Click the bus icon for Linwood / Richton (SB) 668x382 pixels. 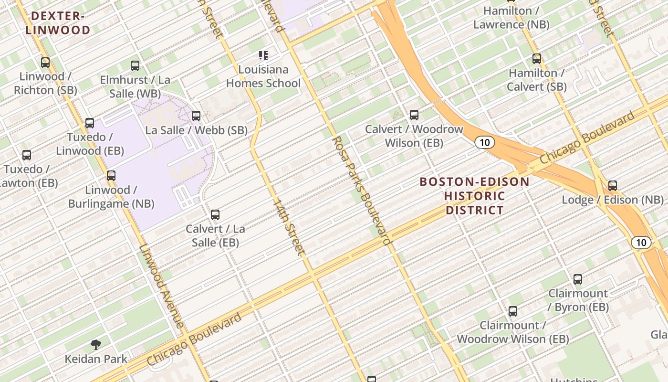pos(45,62)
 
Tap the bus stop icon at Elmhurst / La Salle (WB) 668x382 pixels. pos(135,66)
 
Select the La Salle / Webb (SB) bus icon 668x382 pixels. pos(196,116)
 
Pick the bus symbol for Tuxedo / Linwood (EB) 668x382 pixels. pos(90,123)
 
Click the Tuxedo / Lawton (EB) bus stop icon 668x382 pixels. pos(27,155)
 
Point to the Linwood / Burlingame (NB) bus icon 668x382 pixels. pos(111,176)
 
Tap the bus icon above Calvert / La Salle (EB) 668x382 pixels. pos(215,215)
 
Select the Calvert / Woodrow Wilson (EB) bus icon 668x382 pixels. pos(414,115)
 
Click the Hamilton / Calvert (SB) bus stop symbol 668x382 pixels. pos(537,59)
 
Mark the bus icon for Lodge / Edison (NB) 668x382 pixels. pos(613,186)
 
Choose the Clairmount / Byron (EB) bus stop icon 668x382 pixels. pos(578,279)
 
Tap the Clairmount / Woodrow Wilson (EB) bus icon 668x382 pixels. pos(513,311)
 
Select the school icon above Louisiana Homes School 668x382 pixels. pos(263,55)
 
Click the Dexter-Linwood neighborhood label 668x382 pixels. pos(58,23)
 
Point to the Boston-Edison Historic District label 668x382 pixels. pos(475,196)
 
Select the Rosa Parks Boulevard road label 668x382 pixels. pos(362,190)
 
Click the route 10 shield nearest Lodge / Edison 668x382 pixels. pos(641,243)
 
